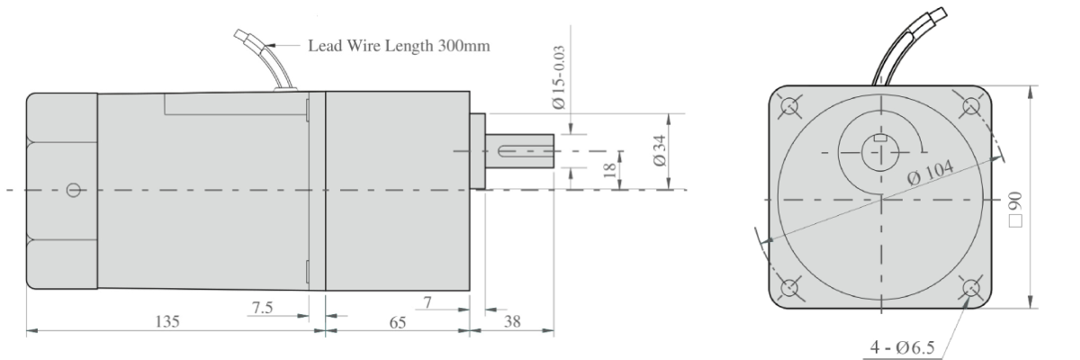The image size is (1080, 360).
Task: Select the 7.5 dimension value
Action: (x=262, y=308)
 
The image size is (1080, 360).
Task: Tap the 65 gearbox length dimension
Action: (x=396, y=320)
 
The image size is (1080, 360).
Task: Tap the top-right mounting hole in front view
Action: (x=972, y=106)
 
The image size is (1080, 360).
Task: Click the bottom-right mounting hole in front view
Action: (x=972, y=288)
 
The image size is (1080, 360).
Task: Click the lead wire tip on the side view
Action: (x=240, y=35)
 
